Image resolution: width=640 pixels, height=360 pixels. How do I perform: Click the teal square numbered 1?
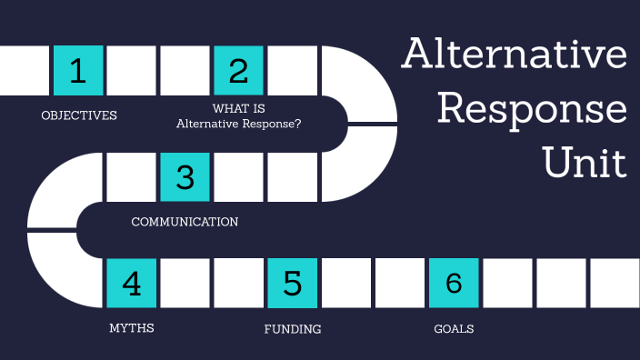pos(78,71)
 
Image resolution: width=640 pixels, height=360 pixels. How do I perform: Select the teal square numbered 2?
pos(238,71)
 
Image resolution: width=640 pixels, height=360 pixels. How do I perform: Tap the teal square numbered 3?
pos(185,176)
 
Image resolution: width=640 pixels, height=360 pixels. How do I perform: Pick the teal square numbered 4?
pos(132,283)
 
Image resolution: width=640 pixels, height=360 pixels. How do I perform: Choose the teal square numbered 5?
pos(292,283)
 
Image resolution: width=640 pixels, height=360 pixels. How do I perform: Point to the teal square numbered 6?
pos(453,283)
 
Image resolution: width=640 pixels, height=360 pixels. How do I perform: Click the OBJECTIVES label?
pos(79,115)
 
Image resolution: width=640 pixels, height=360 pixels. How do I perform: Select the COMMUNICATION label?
pos(185,222)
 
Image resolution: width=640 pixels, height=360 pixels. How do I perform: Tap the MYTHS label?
pos(132,328)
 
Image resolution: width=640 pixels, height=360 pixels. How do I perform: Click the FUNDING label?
pos(293,328)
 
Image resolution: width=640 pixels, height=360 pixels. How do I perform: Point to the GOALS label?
pos(454,328)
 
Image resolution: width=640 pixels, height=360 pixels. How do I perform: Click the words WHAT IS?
pos(238,109)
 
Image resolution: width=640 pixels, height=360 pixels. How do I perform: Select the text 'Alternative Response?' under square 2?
pos(239,125)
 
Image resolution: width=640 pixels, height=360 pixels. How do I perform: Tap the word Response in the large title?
pos(532,111)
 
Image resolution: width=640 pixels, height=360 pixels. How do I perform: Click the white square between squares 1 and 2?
pos(132,71)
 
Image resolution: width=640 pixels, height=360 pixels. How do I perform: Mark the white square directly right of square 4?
pos(185,283)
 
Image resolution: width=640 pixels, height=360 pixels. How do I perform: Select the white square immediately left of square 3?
pos(132,176)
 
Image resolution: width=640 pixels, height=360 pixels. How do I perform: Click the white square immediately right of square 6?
pos(507,283)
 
